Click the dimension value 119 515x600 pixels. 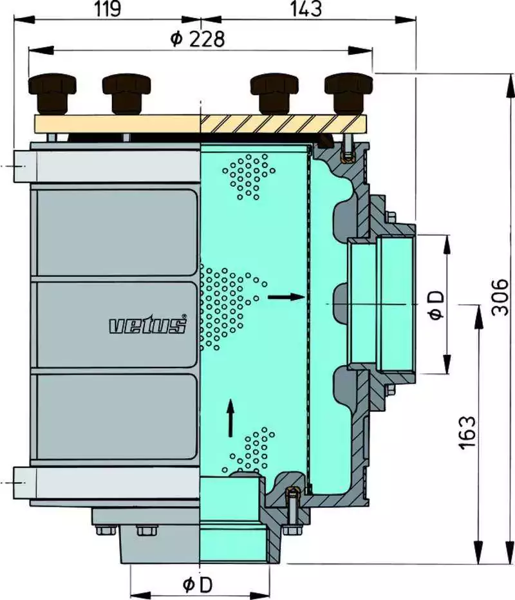(x=108, y=9)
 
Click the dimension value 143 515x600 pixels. (x=306, y=9)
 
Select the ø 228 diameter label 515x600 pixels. (x=198, y=39)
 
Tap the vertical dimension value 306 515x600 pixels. (x=500, y=297)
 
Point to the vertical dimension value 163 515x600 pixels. (x=467, y=432)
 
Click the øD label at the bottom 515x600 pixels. (x=198, y=585)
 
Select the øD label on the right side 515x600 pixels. (x=436, y=305)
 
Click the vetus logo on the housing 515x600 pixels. (x=148, y=324)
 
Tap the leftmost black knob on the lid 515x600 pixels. (x=52, y=94)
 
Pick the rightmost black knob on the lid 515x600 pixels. (x=348, y=94)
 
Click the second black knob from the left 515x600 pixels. (x=126, y=94)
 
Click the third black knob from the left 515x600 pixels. (x=274, y=94)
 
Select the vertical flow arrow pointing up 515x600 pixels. (x=230, y=418)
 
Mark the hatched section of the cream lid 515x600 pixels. (x=283, y=124)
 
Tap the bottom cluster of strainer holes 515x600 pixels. (x=248, y=451)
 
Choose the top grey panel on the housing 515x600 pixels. (x=117, y=232)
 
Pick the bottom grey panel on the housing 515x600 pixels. (x=117, y=417)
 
